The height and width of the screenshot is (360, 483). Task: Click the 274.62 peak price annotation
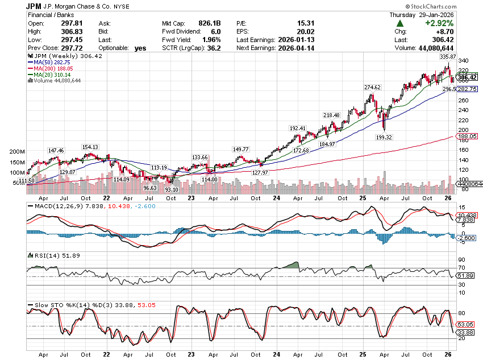372,87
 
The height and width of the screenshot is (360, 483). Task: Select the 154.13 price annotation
90,147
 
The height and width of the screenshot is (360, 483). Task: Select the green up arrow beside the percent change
401,23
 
